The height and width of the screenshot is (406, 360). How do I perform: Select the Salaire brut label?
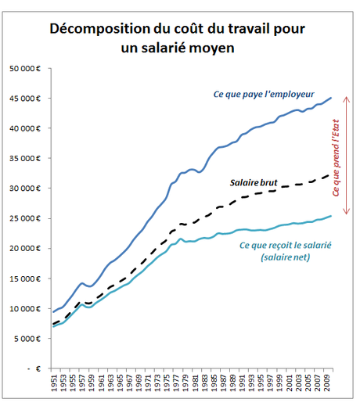[x=254, y=182]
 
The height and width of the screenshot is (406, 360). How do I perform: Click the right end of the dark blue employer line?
[x=331, y=98]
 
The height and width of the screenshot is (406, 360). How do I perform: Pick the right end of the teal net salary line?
[x=331, y=216]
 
